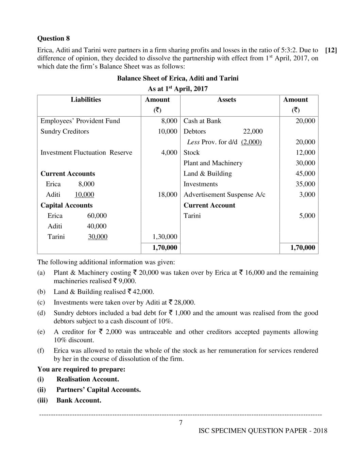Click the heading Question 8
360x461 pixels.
53,38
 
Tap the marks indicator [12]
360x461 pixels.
331,50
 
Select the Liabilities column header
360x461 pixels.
86,100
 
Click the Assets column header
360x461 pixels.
226,100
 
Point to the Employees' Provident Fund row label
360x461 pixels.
80,121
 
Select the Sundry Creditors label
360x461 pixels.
65,132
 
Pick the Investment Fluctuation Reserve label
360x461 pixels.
86,153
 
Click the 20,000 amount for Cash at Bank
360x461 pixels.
305,121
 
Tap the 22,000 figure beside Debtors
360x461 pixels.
253,132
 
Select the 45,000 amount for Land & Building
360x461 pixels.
305,174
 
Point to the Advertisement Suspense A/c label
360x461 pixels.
224,195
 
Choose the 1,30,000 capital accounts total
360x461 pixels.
165,237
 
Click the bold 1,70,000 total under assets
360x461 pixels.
303,248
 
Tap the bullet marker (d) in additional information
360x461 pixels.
41,313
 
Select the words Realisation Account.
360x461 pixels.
87,379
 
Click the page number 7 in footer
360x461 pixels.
181,423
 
